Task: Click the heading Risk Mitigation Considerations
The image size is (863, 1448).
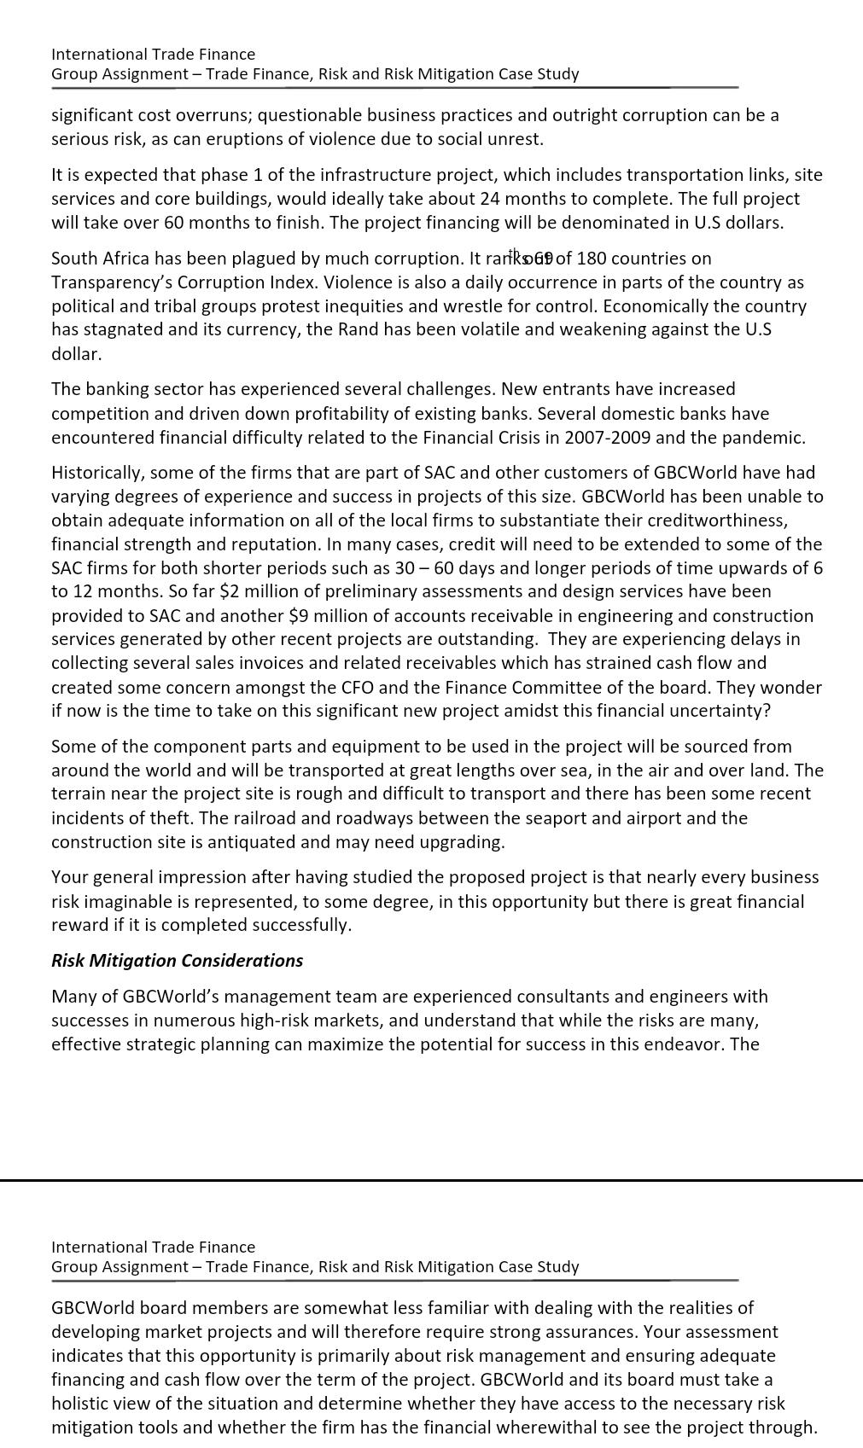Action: (x=177, y=961)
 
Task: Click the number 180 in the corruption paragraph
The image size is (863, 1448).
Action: (x=592, y=259)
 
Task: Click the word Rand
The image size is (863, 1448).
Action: (x=358, y=330)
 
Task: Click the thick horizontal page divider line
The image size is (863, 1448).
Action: (x=431, y=1180)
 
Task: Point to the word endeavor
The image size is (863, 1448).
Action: (x=687, y=1044)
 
